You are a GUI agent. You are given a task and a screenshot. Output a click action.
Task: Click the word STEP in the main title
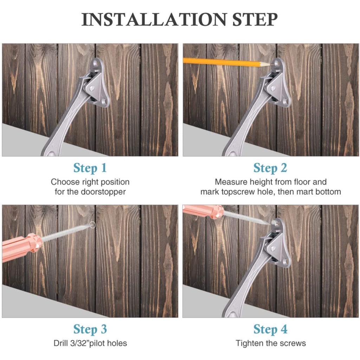click(x=255, y=19)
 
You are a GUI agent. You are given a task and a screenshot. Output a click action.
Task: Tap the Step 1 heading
click(x=90, y=168)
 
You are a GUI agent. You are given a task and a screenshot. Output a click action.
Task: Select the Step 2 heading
click(x=270, y=168)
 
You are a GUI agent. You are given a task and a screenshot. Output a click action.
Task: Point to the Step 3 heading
click(x=90, y=329)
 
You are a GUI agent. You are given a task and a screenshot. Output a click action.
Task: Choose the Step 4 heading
click(x=270, y=329)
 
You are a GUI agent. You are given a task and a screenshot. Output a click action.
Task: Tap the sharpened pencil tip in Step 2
click(x=269, y=65)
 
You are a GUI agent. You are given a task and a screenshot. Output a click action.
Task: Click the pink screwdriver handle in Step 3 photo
click(x=22, y=246)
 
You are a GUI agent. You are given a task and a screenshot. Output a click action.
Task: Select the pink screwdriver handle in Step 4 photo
click(x=203, y=212)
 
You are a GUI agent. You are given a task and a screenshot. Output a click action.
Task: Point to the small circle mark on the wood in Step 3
click(x=92, y=225)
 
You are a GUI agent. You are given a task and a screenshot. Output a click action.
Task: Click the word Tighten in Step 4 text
click(x=250, y=343)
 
